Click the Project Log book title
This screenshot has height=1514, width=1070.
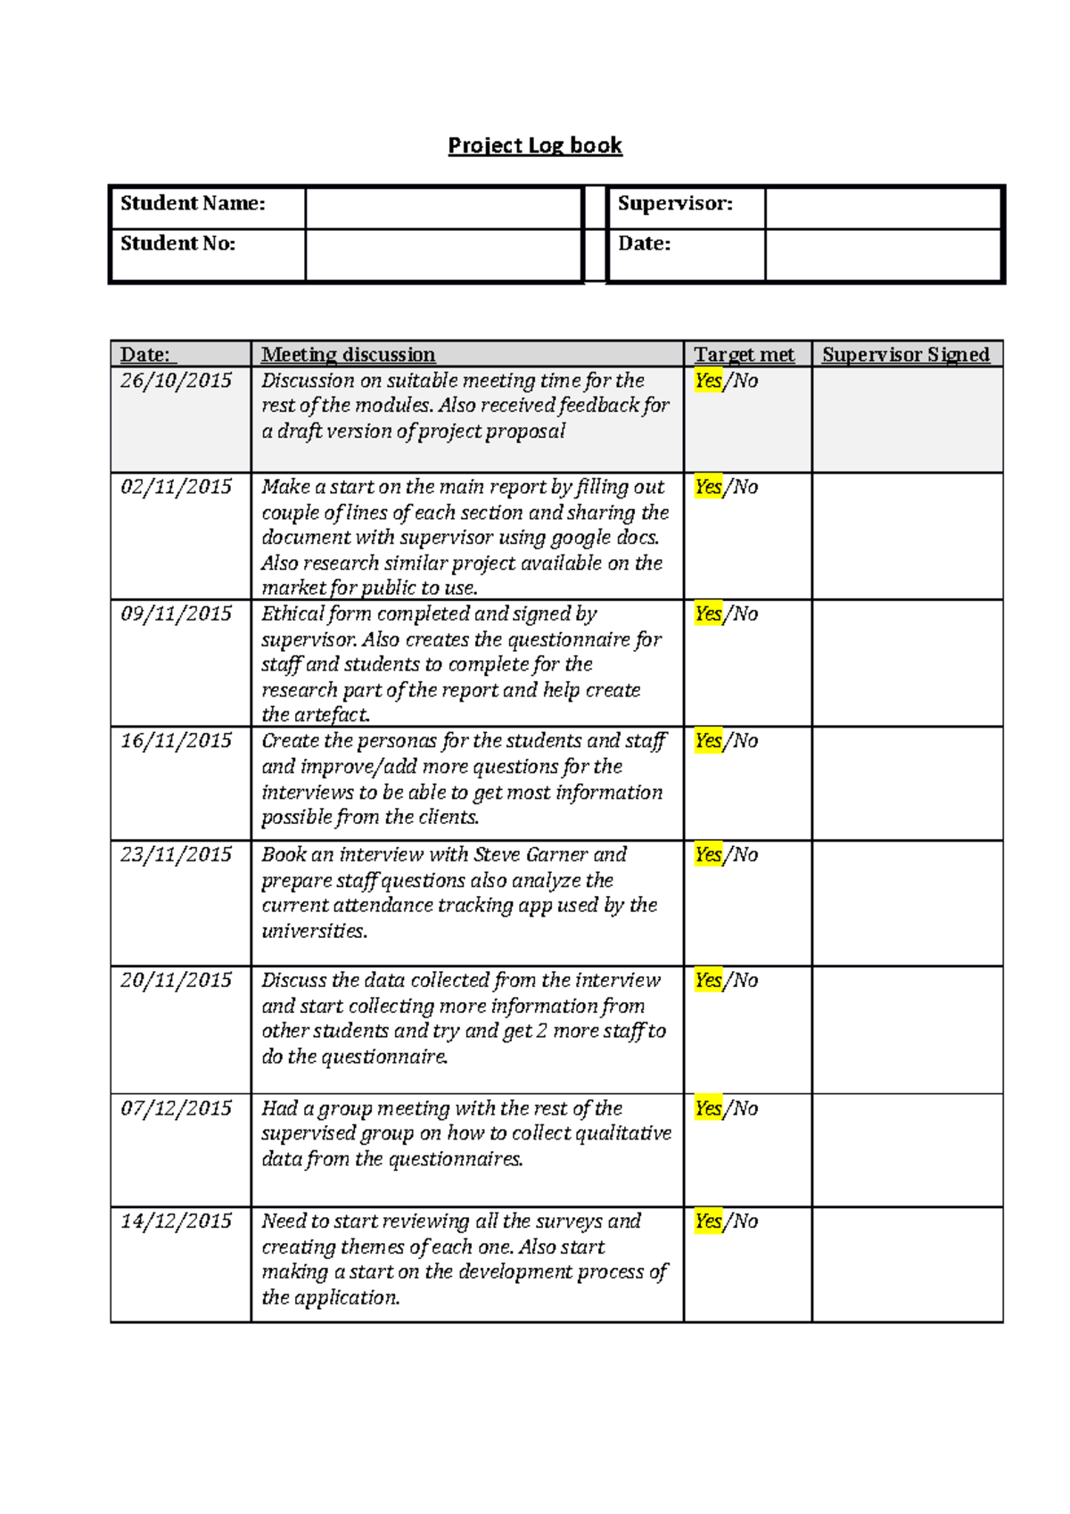(x=534, y=145)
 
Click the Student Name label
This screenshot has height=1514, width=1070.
(x=193, y=203)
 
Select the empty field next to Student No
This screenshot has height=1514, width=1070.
(x=443, y=255)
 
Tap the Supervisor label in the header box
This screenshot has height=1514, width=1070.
(x=675, y=203)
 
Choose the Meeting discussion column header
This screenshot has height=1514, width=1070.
(x=348, y=355)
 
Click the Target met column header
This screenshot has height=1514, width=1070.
(x=744, y=355)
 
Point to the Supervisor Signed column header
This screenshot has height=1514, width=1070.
(x=905, y=355)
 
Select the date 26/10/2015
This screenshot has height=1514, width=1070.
(x=176, y=381)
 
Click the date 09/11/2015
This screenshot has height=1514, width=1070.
(x=176, y=613)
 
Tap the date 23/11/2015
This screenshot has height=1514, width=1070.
(x=176, y=854)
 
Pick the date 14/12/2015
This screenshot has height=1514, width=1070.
(x=176, y=1221)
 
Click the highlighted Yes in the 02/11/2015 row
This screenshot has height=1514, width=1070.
(x=708, y=487)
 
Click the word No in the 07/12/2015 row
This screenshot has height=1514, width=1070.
(x=745, y=1108)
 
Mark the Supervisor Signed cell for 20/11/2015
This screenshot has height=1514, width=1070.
(x=907, y=1030)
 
